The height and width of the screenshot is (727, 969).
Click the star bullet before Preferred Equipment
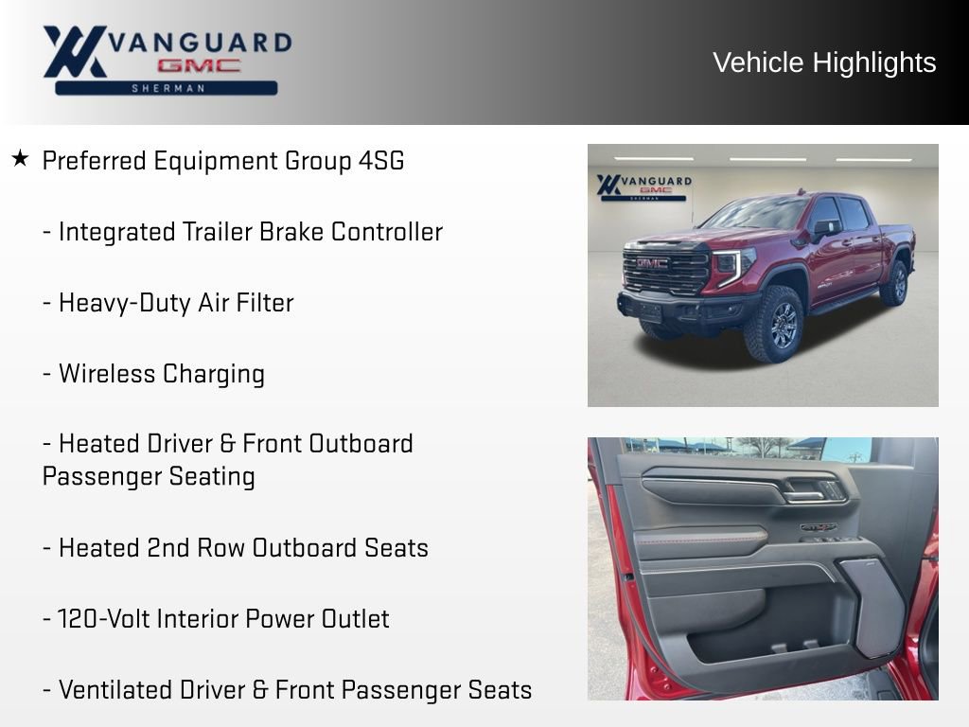coord(20,159)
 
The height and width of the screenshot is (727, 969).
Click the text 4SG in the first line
coord(380,161)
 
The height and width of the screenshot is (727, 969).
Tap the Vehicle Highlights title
coord(824,62)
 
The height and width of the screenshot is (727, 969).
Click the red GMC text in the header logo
coord(199,66)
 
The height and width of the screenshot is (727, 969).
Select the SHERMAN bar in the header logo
coord(167,88)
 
